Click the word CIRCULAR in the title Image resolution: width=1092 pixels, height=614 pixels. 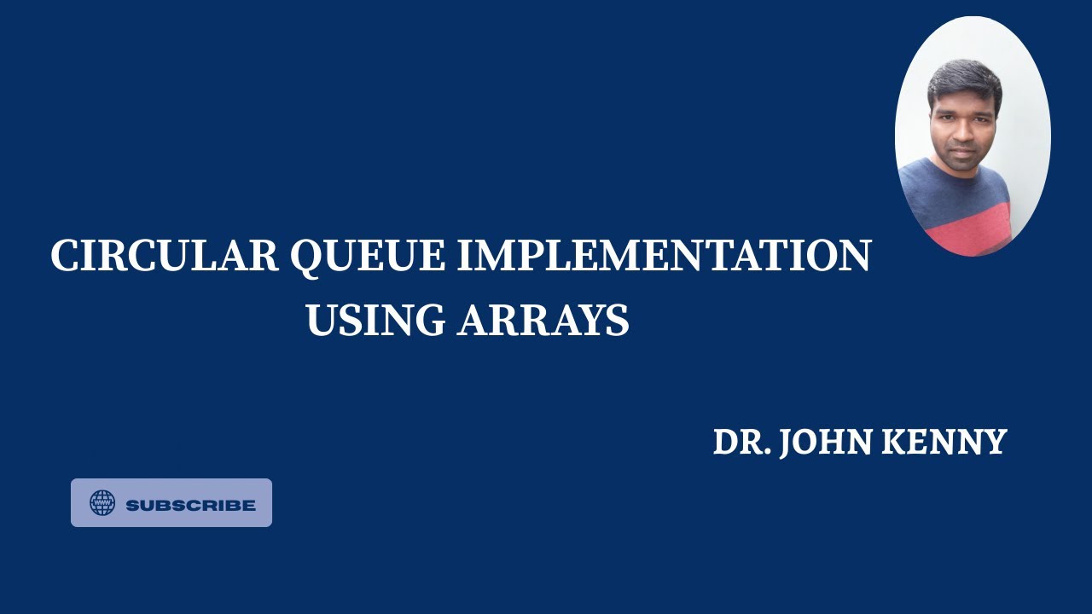click(x=165, y=256)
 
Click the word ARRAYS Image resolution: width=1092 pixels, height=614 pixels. click(x=543, y=321)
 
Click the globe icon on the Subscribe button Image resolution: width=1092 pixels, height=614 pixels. click(x=102, y=503)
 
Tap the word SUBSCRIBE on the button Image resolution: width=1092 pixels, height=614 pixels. click(x=190, y=505)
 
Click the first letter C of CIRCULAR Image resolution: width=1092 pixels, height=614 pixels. click(x=65, y=256)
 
